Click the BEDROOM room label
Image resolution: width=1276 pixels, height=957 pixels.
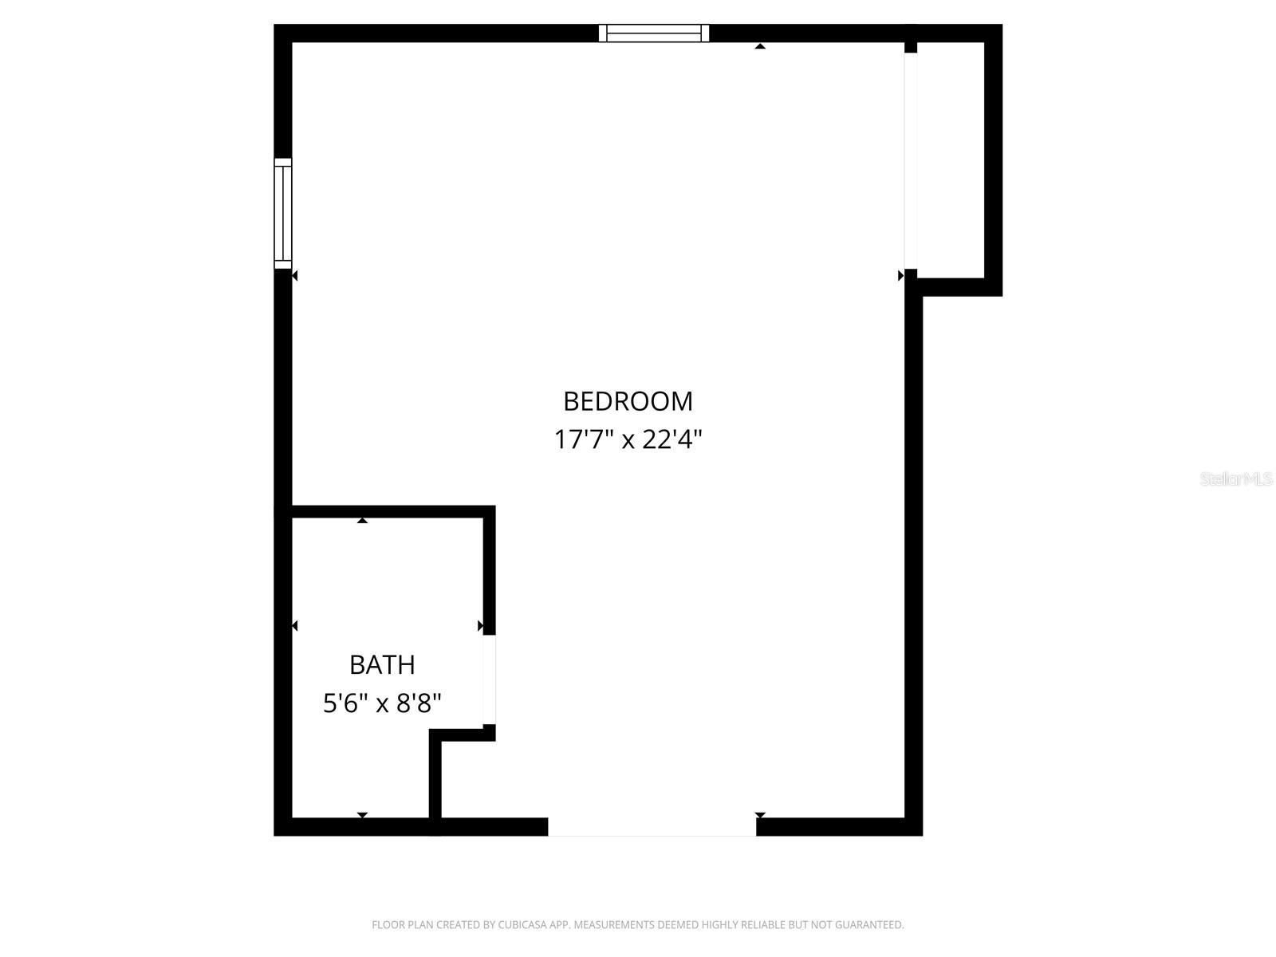[x=628, y=401]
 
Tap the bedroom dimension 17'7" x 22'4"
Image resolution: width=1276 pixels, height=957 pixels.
[x=628, y=439]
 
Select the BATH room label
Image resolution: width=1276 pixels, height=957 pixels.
[x=382, y=664]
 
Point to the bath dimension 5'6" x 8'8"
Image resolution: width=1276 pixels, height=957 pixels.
[x=382, y=703]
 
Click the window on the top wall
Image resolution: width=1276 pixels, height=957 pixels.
[x=654, y=33]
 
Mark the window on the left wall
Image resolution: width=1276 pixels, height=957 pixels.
[x=283, y=213]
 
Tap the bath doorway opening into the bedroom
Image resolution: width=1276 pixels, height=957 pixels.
[x=490, y=679]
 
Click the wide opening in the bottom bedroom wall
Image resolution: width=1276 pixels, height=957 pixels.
[x=652, y=827]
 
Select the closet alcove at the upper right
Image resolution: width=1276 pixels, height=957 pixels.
[x=951, y=159]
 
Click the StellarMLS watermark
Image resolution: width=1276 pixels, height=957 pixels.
[x=1237, y=479]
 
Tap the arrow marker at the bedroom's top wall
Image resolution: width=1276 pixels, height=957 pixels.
[x=760, y=46]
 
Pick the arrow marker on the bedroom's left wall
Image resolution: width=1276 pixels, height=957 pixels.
[x=294, y=276]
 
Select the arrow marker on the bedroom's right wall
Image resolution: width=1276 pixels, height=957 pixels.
[x=901, y=276]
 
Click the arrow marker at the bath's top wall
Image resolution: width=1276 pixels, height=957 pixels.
[x=362, y=520]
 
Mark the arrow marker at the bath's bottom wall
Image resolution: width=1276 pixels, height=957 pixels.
[x=362, y=814]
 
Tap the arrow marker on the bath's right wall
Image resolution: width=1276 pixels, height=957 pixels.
[x=480, y=626]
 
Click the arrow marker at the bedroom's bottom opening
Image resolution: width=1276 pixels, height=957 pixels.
[x=760, y=815]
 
